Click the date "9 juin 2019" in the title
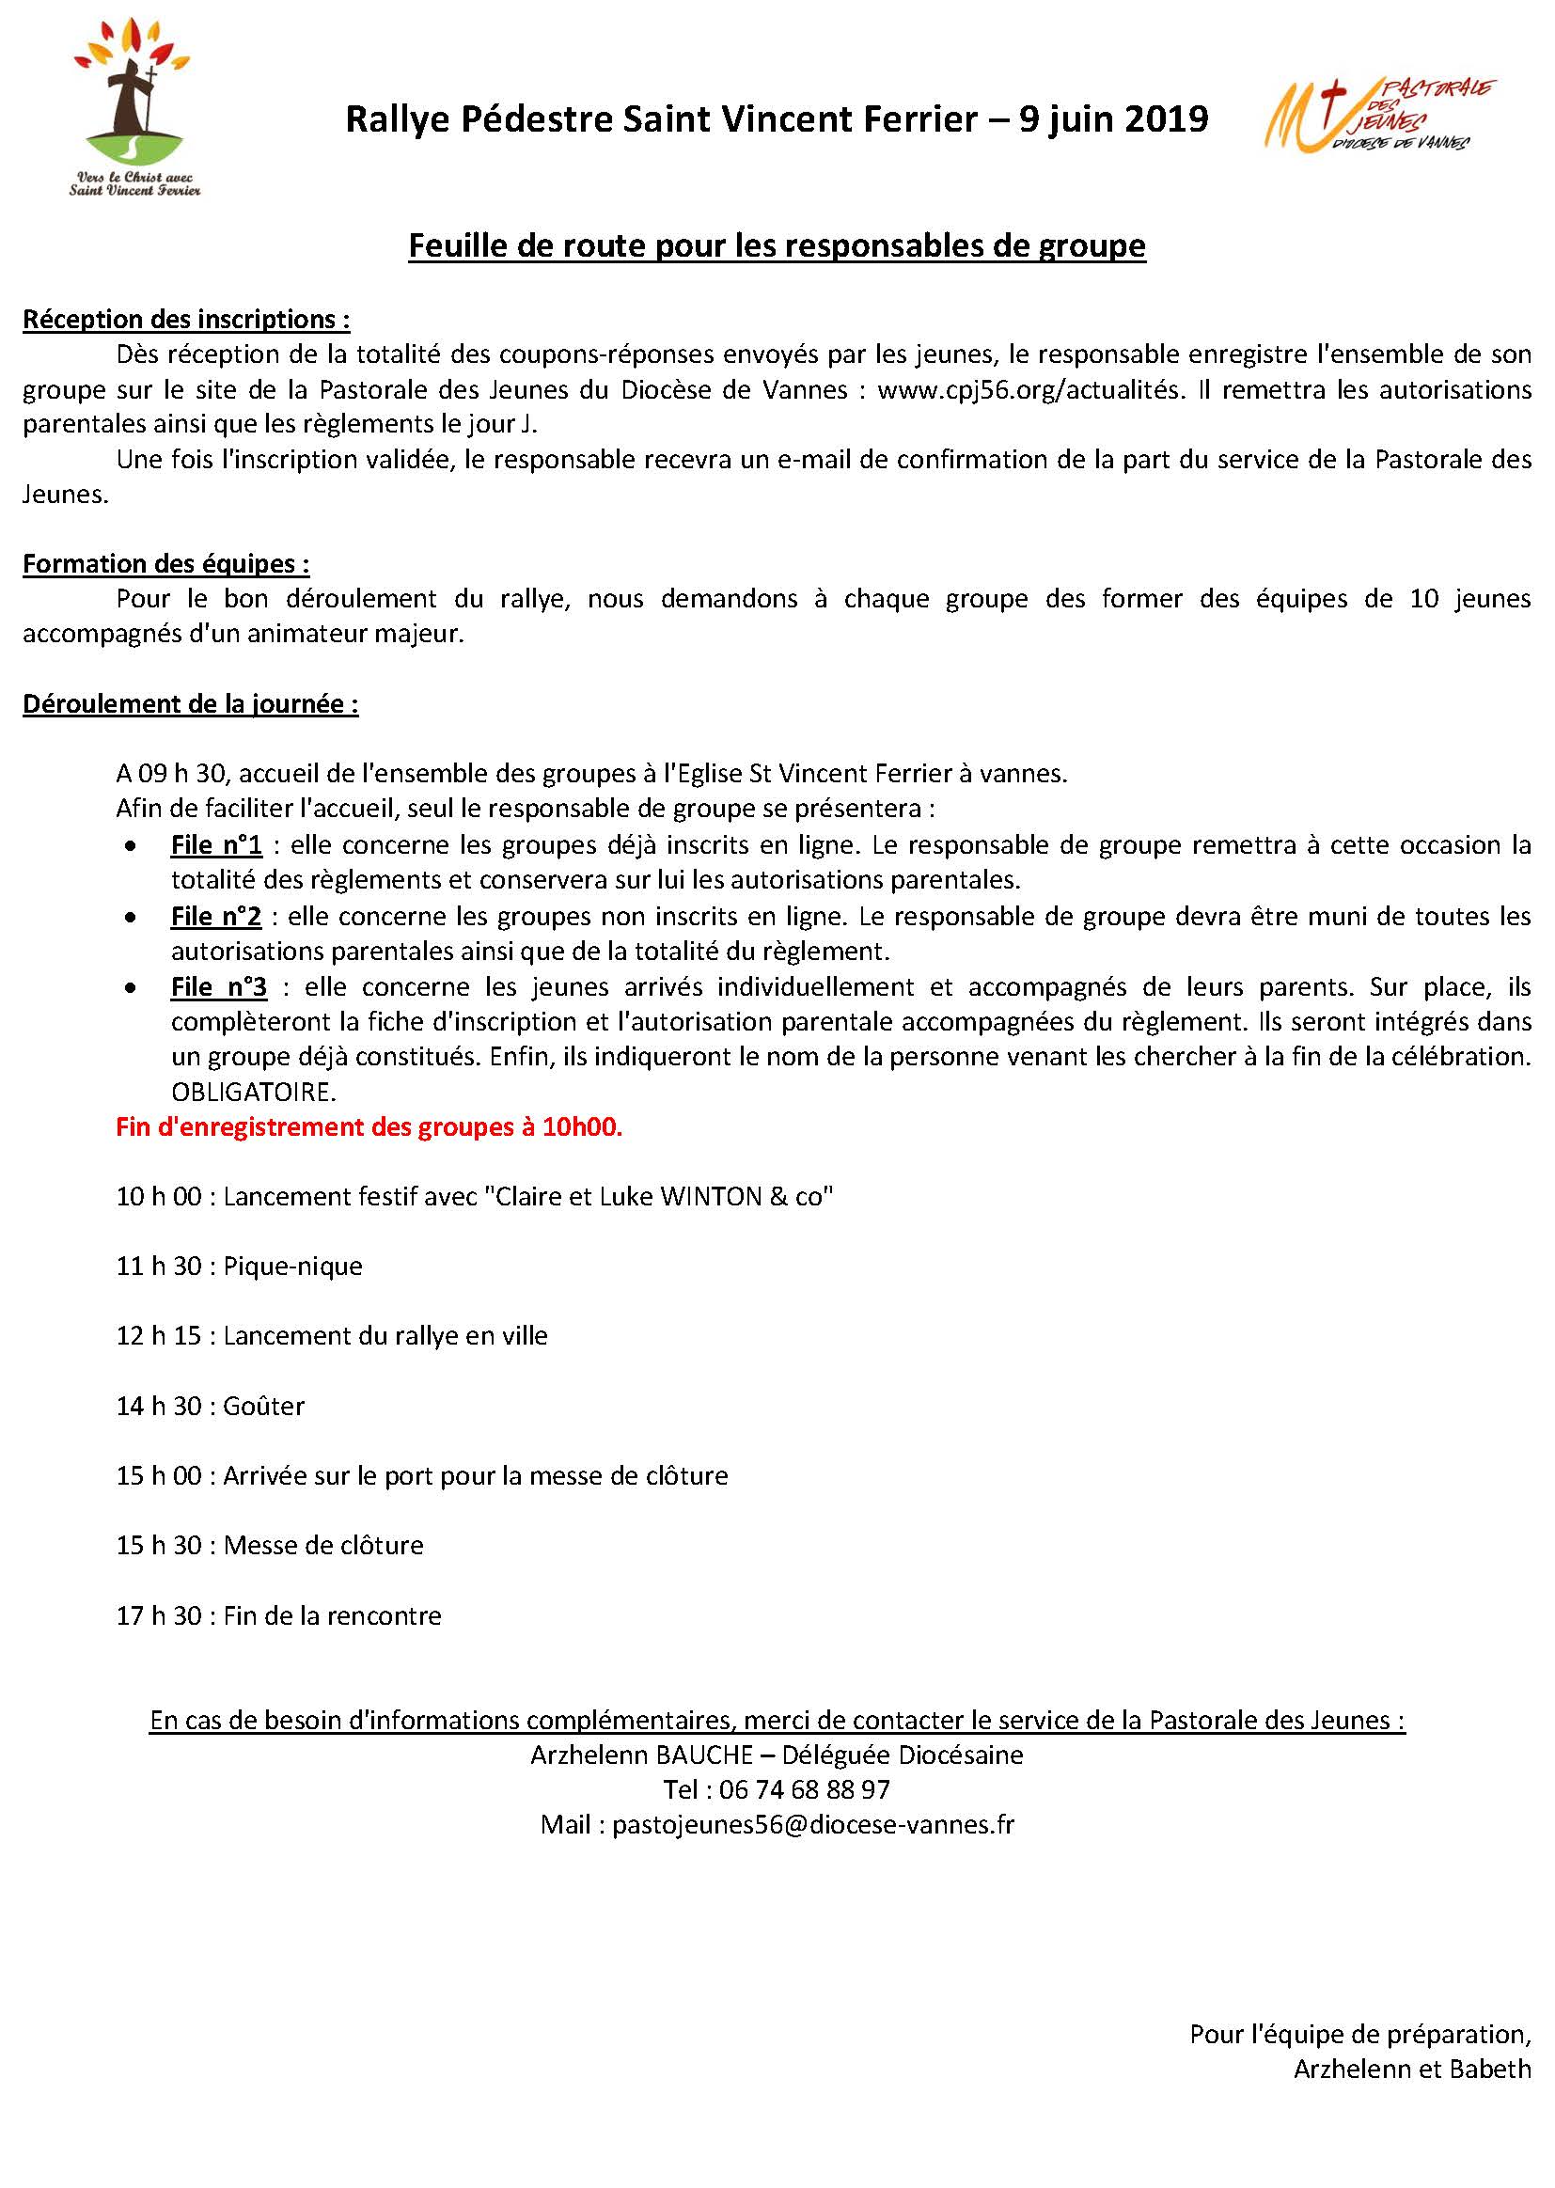pos(1112,119)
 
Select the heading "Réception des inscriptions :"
pos(186,319)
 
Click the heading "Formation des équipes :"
pos(165,563)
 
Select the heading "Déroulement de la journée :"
pos(191,704)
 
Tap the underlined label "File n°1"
pos(216,845)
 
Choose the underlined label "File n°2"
pos(215,917)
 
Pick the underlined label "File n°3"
pos(218,986)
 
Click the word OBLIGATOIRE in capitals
pos(254,1092)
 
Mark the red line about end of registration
pos(369,1127)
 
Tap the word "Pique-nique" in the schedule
pos(293,1267)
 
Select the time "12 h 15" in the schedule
pos(159,1336)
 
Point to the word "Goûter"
pos(263,1407)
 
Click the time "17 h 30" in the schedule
pos(159,1616)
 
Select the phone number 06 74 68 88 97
pos(805,1789)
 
